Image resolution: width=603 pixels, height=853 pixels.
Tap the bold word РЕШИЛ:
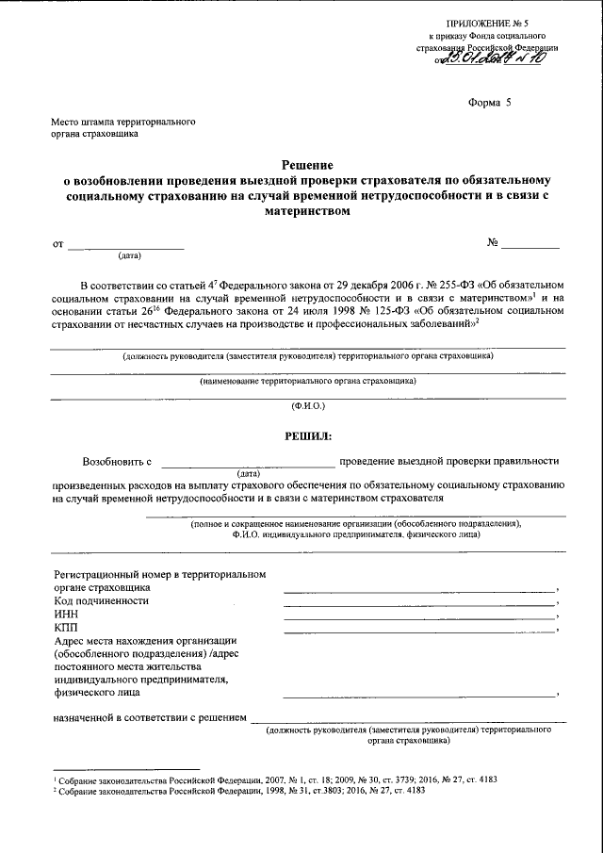[308, 435]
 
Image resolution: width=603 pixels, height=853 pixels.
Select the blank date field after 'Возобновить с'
[247, 462]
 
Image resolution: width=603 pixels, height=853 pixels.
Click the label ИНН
[67, 613]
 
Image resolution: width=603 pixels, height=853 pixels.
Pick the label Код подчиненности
[101, 599]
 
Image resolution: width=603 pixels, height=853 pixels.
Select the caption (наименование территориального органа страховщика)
[307, 381]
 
